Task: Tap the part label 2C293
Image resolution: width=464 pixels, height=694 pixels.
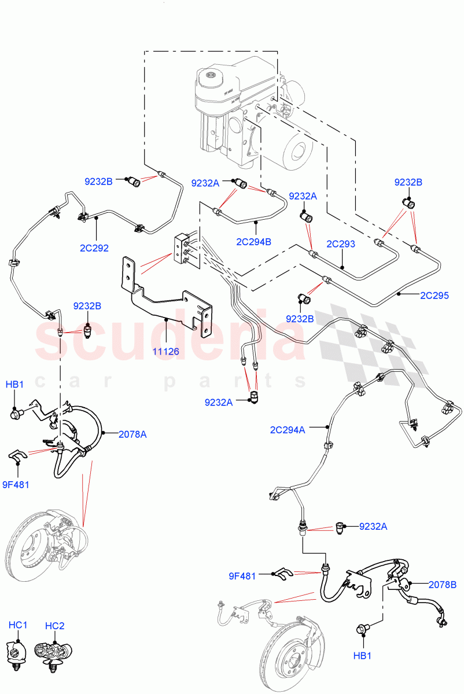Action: point(341,245)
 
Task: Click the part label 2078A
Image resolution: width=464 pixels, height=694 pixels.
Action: point(132,434)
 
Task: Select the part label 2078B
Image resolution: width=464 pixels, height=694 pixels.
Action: point(442,585)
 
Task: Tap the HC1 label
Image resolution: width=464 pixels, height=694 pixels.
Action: point(18,625)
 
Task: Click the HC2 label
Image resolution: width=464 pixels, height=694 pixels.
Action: point(54,625)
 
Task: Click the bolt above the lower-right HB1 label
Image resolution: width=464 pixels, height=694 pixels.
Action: point(364,629)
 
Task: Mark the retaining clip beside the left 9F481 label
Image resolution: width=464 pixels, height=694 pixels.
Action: point(17,457)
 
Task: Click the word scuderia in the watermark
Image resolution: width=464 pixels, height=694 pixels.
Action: point(168,341)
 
